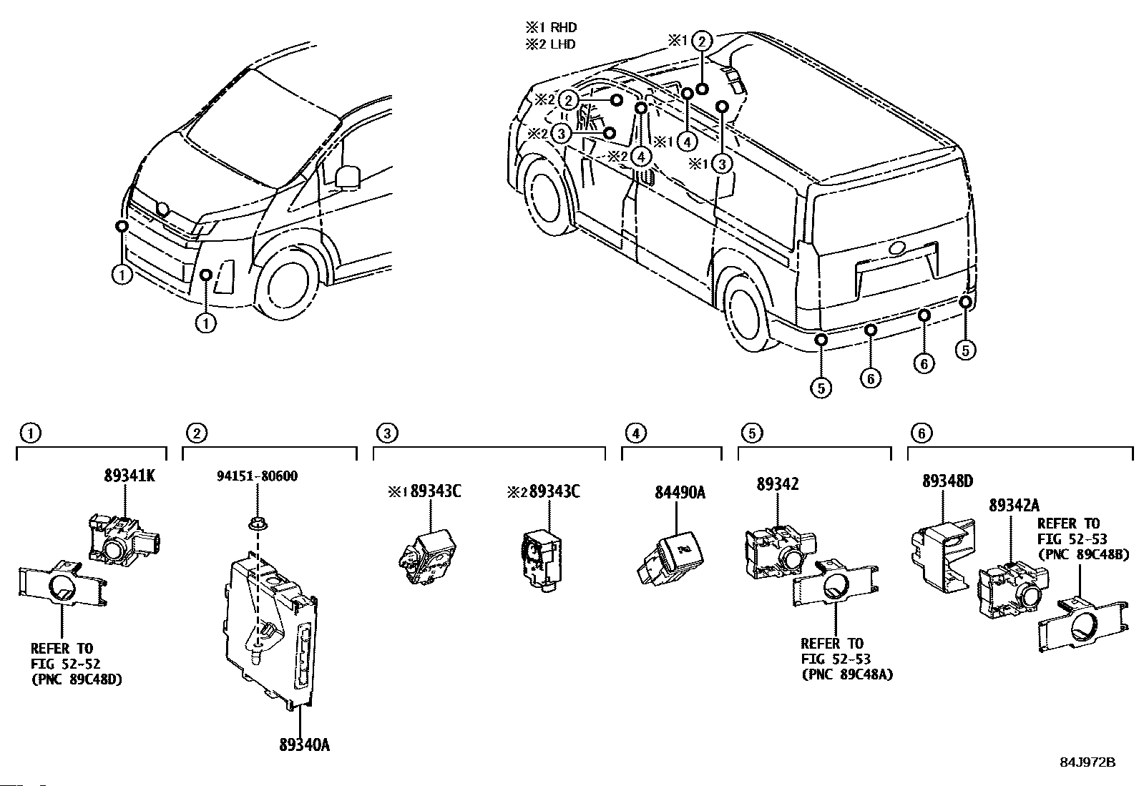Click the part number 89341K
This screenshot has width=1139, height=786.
click(129, 476)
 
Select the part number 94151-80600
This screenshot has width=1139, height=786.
click(258, 476)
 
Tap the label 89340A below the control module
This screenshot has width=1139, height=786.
click(305, 745)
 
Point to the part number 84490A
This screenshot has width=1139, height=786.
click(680, 492)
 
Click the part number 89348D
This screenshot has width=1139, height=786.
click(948, 481)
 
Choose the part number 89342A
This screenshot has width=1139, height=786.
click(1014, 505)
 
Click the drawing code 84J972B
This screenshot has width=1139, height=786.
click(1087, 762)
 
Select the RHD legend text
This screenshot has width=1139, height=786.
click(563, 27)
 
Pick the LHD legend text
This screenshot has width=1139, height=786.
click(563, 44)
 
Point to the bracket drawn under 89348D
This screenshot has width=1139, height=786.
click(943, 556)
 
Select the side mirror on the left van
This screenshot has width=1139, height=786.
click(348, 177)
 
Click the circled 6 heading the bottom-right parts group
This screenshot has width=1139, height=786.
click(922, 433)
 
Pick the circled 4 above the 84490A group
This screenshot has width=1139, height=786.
click(635, 433)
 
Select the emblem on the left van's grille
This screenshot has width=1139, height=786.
click(162, 208)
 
